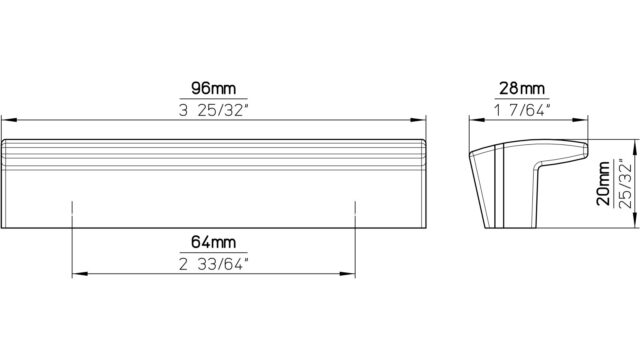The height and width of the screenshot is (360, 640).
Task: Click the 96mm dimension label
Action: click(x=213, y=88)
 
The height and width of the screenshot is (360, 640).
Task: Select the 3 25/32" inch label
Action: click(x=213, y=110)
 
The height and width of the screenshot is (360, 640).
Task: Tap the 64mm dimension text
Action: click(x=213, y=242)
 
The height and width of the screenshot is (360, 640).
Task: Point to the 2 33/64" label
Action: click(x=213, y=264)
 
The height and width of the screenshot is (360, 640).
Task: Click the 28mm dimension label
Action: click(x=522, y=88)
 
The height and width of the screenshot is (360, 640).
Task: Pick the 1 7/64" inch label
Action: click(x=522, y=110)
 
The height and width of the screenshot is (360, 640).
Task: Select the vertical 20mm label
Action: click(x=604, y=183)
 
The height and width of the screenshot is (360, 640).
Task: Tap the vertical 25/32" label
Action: click(x=625, y=183)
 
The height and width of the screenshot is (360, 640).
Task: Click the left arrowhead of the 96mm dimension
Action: click(x=9, y=120)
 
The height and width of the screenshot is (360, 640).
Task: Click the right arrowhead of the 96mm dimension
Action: click(x=418, y=120)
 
